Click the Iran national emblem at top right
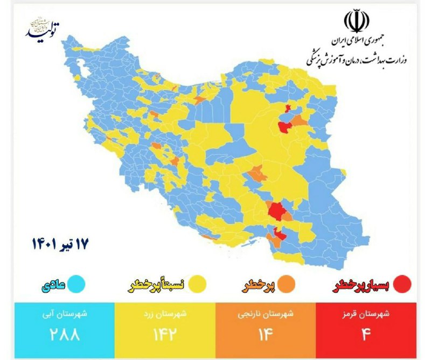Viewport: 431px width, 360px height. (x=356, y=22)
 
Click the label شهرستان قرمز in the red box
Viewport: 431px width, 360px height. (x=366, y=314)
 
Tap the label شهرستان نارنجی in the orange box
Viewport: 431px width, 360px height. (x=266, y=314)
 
